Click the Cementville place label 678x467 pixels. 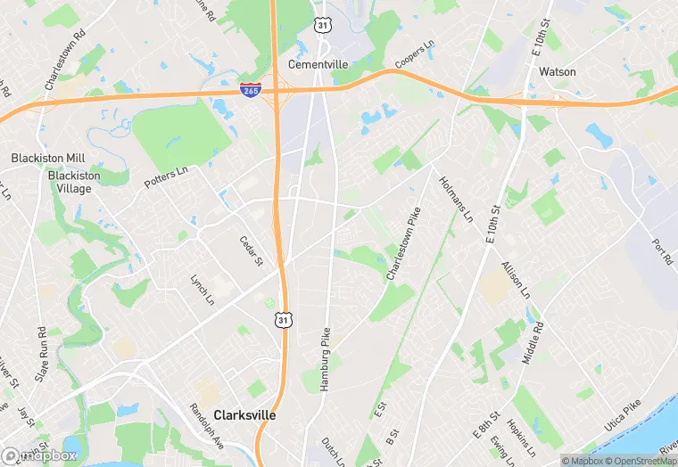click(x=318, y=64)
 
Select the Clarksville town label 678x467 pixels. click(x=245, y=415)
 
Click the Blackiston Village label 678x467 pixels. click(x=70, y=182)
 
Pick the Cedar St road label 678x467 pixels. click(x=251, y=250)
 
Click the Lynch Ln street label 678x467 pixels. click(x=203, y=288)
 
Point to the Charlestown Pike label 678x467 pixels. click(x=403, y=244)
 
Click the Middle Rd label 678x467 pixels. click(x=532, y=341)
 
